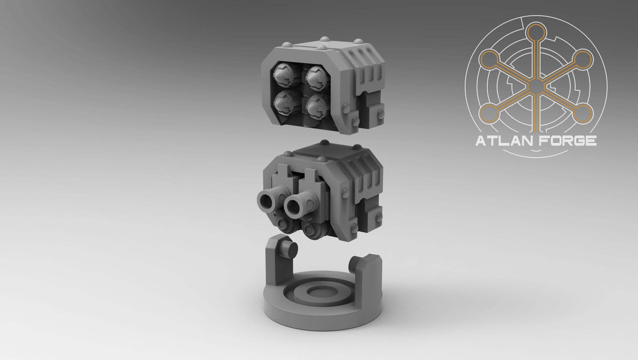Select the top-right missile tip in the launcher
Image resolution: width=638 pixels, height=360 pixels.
pyautogui.click(x=317, y=75)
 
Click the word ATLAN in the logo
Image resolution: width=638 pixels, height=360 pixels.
pyautogui.click(x=502, y=141)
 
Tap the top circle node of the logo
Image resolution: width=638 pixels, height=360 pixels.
pyautogui.click(x=536, y=32)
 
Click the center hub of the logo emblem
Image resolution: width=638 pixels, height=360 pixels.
pyautogui.click(x=536, y=86)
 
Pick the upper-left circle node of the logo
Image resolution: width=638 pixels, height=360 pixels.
pyautogui.click(x=489, y=59)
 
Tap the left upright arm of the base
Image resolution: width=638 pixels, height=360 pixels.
pyautogui.click(x=276, y=261)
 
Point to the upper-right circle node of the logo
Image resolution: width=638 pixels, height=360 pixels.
pyautogui.click(x=583, y=59)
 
